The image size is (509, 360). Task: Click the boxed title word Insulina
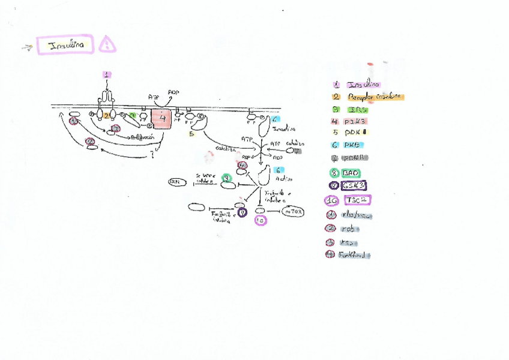[65, 45]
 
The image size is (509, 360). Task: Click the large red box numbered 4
[161, 118]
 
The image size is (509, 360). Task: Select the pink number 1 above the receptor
[107, 74]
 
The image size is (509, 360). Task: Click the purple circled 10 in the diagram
[261, 220]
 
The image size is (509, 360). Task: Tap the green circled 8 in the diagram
[226, 178]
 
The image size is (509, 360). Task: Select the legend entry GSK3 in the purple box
[354, 186]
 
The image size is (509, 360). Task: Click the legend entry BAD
[350, 173]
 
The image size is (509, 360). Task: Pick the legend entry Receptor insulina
[375, 97]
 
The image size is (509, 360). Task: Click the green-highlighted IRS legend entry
[357, 110]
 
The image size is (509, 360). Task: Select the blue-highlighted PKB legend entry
[355, 145]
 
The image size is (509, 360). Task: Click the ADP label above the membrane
[173, 93]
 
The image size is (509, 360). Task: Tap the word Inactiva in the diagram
[284, 129]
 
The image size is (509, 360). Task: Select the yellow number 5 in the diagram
[191, 134]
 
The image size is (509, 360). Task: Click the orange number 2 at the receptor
[106, 115]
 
